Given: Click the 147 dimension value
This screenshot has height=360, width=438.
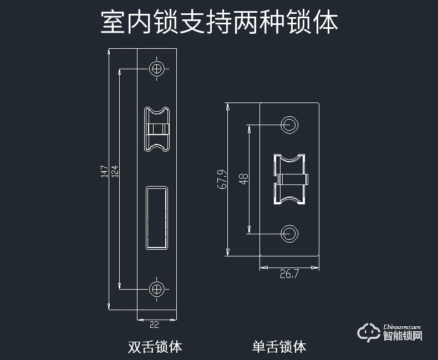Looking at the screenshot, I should coord(104,171).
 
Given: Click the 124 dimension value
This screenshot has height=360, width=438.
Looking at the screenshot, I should coord(115,171).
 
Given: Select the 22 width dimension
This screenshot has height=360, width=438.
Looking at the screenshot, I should coord(155,325).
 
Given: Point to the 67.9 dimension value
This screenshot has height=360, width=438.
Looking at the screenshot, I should coord(222,179).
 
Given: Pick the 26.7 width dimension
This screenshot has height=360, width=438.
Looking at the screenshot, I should coord(289,274).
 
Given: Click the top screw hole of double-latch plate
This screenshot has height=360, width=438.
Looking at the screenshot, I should coord(157,69).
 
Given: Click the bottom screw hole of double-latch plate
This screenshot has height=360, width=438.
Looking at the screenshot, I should coord(157,289).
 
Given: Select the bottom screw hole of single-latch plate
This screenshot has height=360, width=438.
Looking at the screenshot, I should coord(289,233).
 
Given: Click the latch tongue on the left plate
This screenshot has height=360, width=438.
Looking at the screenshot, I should coord(157,129).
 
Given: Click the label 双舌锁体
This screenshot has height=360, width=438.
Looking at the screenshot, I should coord(155,347).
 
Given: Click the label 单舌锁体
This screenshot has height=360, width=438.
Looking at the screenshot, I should coord(279,347).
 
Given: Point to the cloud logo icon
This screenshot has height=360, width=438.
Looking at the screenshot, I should coord(369,332).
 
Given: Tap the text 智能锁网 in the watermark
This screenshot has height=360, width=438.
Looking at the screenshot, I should coord(403,336).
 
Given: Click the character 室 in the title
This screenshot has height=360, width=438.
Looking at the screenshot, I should coord(113,23).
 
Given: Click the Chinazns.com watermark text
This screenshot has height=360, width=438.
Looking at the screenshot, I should coord(402,327).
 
